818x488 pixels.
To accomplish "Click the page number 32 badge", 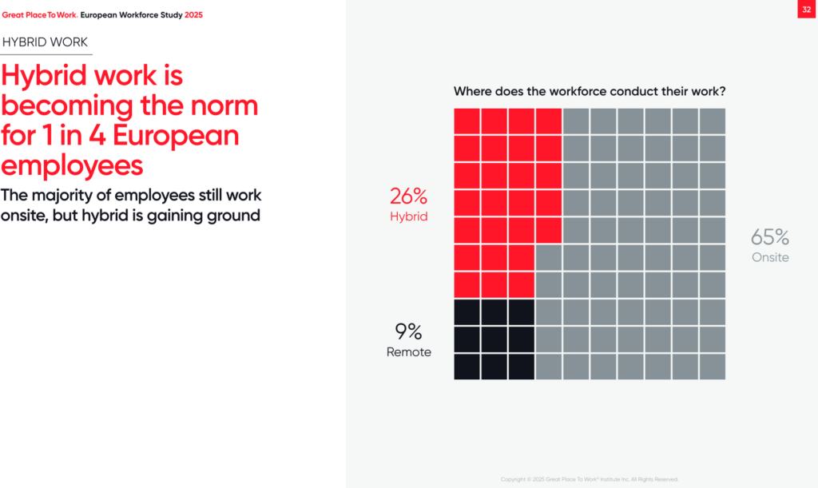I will [806, 10].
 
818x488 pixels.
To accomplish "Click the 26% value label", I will [409, 196].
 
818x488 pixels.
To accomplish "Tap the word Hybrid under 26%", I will [409, 216].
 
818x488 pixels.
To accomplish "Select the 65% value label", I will [770, 237].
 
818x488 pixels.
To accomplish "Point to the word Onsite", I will [770, 257].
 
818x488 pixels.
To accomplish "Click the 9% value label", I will [408, 331].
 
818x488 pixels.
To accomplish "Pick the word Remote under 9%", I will [409, 352].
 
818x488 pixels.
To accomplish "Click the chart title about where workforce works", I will [589, 92].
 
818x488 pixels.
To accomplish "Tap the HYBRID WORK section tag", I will [45, 42].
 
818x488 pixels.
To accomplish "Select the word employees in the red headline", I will [73, 165].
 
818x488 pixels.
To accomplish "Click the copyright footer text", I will [590, 479].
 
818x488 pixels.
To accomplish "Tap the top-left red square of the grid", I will [467, 121].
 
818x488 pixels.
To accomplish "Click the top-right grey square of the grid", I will [712, 121].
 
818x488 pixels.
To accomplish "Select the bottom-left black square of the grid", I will [467, 367].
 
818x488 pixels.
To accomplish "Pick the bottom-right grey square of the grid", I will [712, 367].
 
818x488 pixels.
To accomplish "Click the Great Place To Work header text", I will [40, 15].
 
